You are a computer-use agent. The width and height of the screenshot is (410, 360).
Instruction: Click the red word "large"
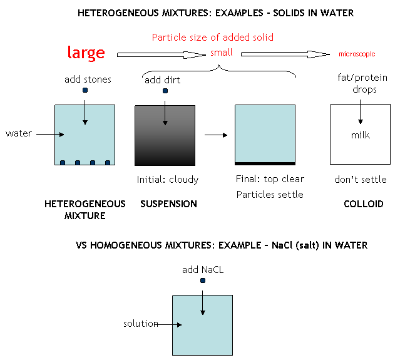[x=86, y=53]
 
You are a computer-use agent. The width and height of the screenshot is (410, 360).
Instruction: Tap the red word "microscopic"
[x=356, y=54]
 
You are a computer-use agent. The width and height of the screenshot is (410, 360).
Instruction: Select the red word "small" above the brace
[x=222, y=53]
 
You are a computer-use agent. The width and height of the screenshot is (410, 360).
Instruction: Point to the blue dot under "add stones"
[x=85, y=90]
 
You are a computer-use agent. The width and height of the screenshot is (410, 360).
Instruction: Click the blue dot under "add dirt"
[x=165, y=91]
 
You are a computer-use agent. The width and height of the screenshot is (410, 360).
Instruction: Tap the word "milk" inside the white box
[x=360, y=135]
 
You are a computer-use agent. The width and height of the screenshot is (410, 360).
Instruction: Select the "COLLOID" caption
[x=364, y=204]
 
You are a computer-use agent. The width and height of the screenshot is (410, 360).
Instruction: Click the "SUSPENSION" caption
[x=168, y=204]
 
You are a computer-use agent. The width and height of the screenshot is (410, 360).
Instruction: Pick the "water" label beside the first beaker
[x=19, y=133]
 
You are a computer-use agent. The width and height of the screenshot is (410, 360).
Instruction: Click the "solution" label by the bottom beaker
[x=141, y=324]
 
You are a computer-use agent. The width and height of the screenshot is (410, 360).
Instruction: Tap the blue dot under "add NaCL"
[x=202, y=280]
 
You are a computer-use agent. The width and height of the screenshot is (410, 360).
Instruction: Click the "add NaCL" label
[x=202, y=270]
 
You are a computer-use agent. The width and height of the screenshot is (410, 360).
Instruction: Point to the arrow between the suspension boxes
[x=215, y=135]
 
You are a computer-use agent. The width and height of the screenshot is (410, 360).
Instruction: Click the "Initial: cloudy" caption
[x=168, y=180]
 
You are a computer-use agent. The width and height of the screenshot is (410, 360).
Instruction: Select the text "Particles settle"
[x=270, y=194]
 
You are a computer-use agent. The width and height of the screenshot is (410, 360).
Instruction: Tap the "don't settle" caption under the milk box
[x=361, y=180]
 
